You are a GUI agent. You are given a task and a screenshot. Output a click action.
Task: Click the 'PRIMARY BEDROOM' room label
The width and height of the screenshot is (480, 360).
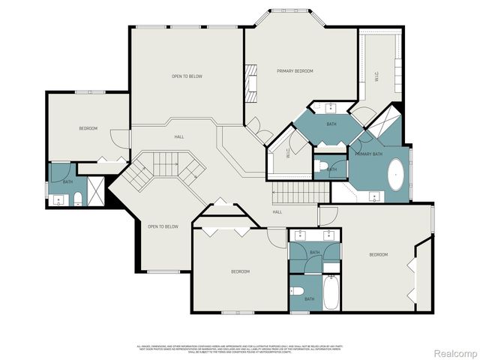pyautogui.click(x=295, y=71)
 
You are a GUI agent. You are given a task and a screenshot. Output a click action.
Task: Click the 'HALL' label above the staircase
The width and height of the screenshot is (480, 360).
pyautogui.click(x=179, y=136)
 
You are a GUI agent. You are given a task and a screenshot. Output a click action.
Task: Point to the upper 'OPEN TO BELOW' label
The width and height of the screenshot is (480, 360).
pyautogui.click(x=187, y=76)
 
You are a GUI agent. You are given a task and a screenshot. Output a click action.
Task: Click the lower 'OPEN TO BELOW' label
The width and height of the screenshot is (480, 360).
pyautogui.click(x=163, y=226)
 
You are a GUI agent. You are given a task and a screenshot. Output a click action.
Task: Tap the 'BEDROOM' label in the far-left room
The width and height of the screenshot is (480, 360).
pyautogui.click(x=88, y=129)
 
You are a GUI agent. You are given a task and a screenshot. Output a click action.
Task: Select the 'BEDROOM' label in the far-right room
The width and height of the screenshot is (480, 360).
pyautogui.click(x=379, y=255)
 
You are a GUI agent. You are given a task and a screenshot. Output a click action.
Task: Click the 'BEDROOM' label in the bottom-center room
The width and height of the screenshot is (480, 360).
pyautogui.click(x=240, y=271)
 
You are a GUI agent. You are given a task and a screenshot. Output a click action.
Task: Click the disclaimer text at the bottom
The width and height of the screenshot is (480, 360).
pyautogui.click(x=240, y=349)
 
